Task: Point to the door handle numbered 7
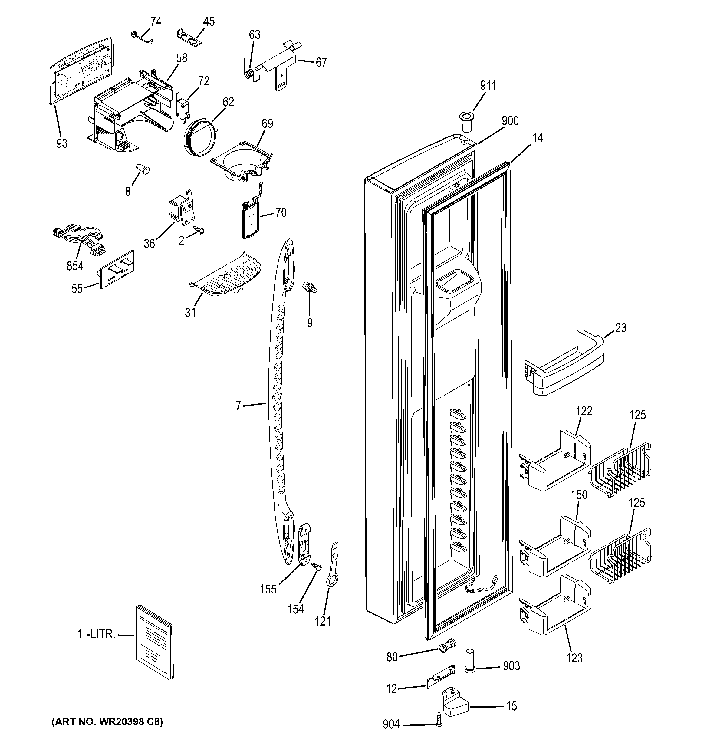click(281, 407)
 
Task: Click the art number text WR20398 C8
click(107, 721)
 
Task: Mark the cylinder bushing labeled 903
click(469, 666)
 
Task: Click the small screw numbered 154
click(316, 577)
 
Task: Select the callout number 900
click(510, 121)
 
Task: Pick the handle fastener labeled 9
click(310, 288)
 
